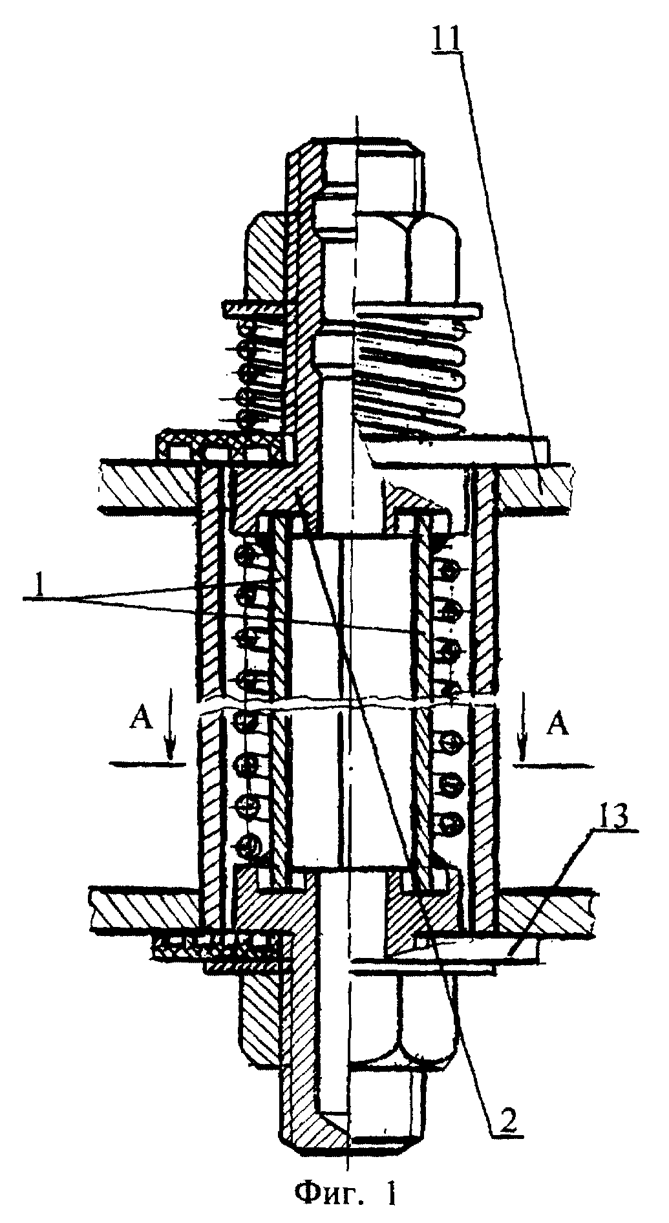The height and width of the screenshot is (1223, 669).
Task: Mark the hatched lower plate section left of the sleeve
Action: tap(145, 908)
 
